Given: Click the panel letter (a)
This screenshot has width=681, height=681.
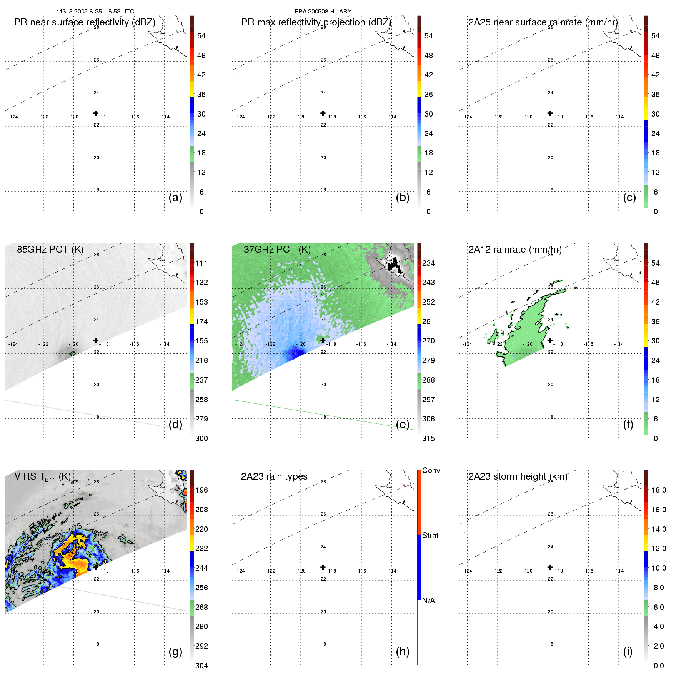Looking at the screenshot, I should coord(175,197).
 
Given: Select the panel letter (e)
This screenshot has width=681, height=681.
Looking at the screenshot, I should coord(403,424).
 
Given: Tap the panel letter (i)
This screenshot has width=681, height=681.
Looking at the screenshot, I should coord(628,651).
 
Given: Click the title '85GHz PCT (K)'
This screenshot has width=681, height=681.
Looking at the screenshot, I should coord(50,249).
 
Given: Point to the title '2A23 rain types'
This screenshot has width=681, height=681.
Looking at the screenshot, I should coord(274,476).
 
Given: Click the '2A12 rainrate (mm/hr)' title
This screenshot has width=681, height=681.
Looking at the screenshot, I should coord(515,250).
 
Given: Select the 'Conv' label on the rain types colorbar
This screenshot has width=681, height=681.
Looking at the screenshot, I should coord(431,470).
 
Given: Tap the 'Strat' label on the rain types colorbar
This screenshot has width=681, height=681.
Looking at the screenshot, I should coord(430,535).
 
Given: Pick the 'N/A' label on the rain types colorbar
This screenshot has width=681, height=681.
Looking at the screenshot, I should coord(428,601).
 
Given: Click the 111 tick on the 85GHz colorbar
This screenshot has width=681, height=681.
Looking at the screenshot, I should coord(201,263).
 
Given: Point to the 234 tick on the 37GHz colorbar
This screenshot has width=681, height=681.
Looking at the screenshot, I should coord(428,263).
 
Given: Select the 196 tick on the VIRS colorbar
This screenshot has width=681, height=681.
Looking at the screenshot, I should coord(201,490).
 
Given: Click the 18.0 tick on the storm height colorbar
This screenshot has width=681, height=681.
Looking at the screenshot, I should coord(659,490).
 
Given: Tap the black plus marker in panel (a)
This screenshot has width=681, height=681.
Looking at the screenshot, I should coord(96,113).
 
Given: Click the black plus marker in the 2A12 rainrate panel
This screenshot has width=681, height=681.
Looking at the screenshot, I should coord(550,340).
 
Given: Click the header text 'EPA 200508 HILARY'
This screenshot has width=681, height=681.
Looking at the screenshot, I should coord(323,12).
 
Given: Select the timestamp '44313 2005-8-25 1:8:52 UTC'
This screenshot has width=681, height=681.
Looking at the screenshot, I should coord(95,12).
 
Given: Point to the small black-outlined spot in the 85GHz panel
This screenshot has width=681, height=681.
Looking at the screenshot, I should coord(73,354).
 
